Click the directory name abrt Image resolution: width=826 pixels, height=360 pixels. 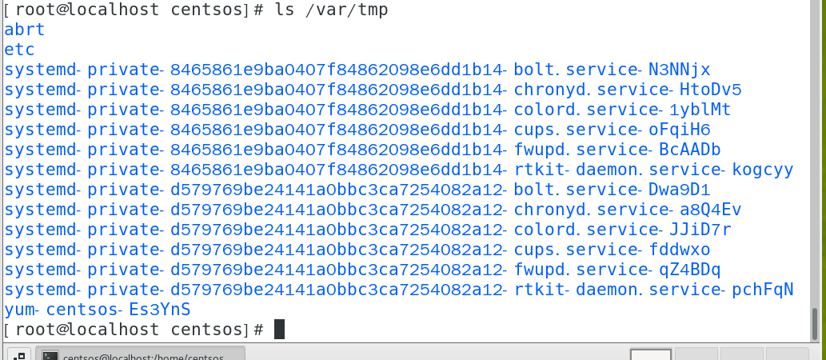click(x=24, y=30)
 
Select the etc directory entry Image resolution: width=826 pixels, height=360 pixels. click(x=19, y=50)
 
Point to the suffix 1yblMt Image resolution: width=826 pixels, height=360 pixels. click(x=700, y=110)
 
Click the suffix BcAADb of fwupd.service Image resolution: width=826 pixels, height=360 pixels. click(x=689, y=150)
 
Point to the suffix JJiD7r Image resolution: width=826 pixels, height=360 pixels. click(x=700, y=230)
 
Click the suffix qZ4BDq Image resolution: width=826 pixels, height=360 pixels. click(x=689, y=270)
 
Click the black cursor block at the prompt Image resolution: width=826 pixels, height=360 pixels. click(x=279, y=329)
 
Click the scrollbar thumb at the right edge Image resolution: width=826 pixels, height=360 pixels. click(x=815, y=325)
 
